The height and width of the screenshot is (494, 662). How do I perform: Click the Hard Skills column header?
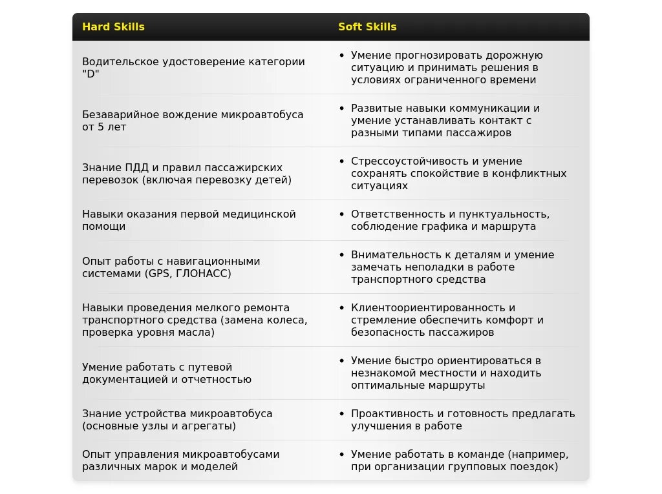coord(113,27)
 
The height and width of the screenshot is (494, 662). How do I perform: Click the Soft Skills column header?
coord(367,27)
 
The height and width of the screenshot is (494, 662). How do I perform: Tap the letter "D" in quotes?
coord(91,74)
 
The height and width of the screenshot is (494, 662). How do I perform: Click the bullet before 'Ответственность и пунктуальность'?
coord(342,214)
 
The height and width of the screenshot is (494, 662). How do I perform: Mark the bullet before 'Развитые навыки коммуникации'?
coord(342,108)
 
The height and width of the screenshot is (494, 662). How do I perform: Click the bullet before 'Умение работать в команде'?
coord(342,455)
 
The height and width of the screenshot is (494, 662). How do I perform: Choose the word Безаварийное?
coord(116,115)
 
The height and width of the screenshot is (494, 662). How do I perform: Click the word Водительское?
coord(118,62)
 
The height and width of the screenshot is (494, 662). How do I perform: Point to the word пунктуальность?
coord(504,214)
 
